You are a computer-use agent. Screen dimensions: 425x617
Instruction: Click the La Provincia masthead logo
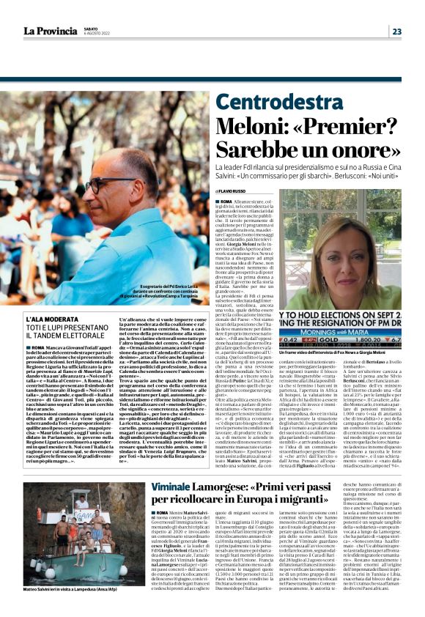(x=48, y=31)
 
